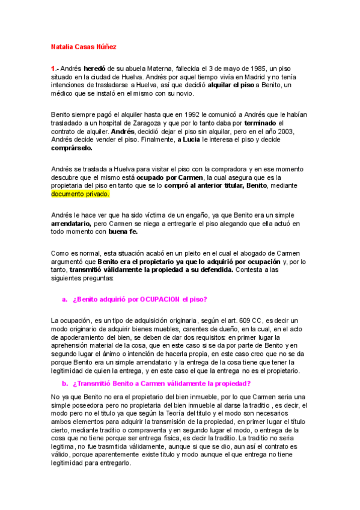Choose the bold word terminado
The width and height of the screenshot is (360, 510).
pos(258,123)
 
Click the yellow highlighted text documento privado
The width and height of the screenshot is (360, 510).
pos(79,194)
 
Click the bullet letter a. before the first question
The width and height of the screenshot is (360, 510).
pos(64,300)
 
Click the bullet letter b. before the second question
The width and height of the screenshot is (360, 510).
pos(64,384)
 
